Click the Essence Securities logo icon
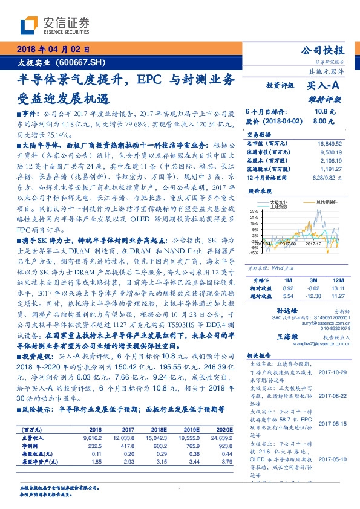(x=30, y=25)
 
